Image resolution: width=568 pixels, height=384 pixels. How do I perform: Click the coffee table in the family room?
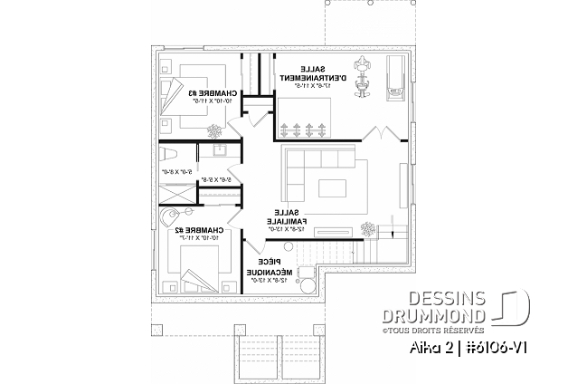coord(335,187)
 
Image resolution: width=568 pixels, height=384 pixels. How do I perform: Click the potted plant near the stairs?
coord(368,228)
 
